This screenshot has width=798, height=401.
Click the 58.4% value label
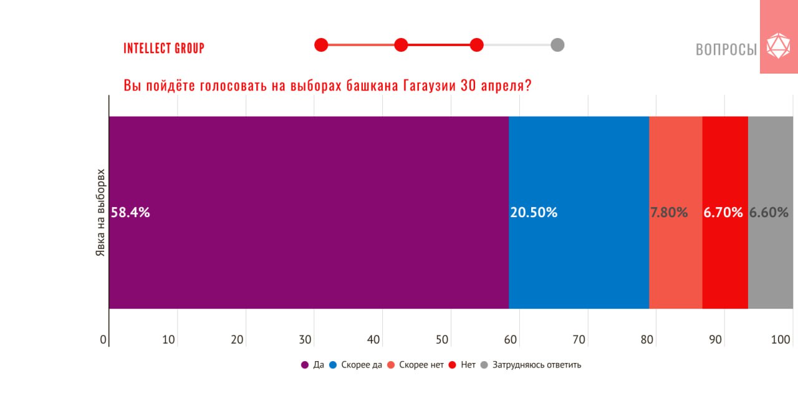click(130, 213)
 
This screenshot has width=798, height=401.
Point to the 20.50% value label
click(534, 213)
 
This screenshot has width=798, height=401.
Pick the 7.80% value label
click(669, 213)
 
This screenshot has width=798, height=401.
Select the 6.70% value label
click(723, 213)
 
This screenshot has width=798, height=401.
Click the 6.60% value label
click(769, 213)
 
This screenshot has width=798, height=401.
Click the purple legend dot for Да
click(305, 365)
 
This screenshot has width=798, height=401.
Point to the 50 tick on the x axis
click(442, 340)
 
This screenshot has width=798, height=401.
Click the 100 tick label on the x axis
click(781, 340)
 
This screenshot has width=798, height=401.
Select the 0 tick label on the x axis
click(103, 340)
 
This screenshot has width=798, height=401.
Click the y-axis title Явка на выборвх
click(100, 213)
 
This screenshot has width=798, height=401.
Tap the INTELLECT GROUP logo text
click(164, 48)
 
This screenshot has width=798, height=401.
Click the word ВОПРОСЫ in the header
click(726, 49)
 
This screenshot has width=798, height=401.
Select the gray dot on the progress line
click(557, 45)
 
